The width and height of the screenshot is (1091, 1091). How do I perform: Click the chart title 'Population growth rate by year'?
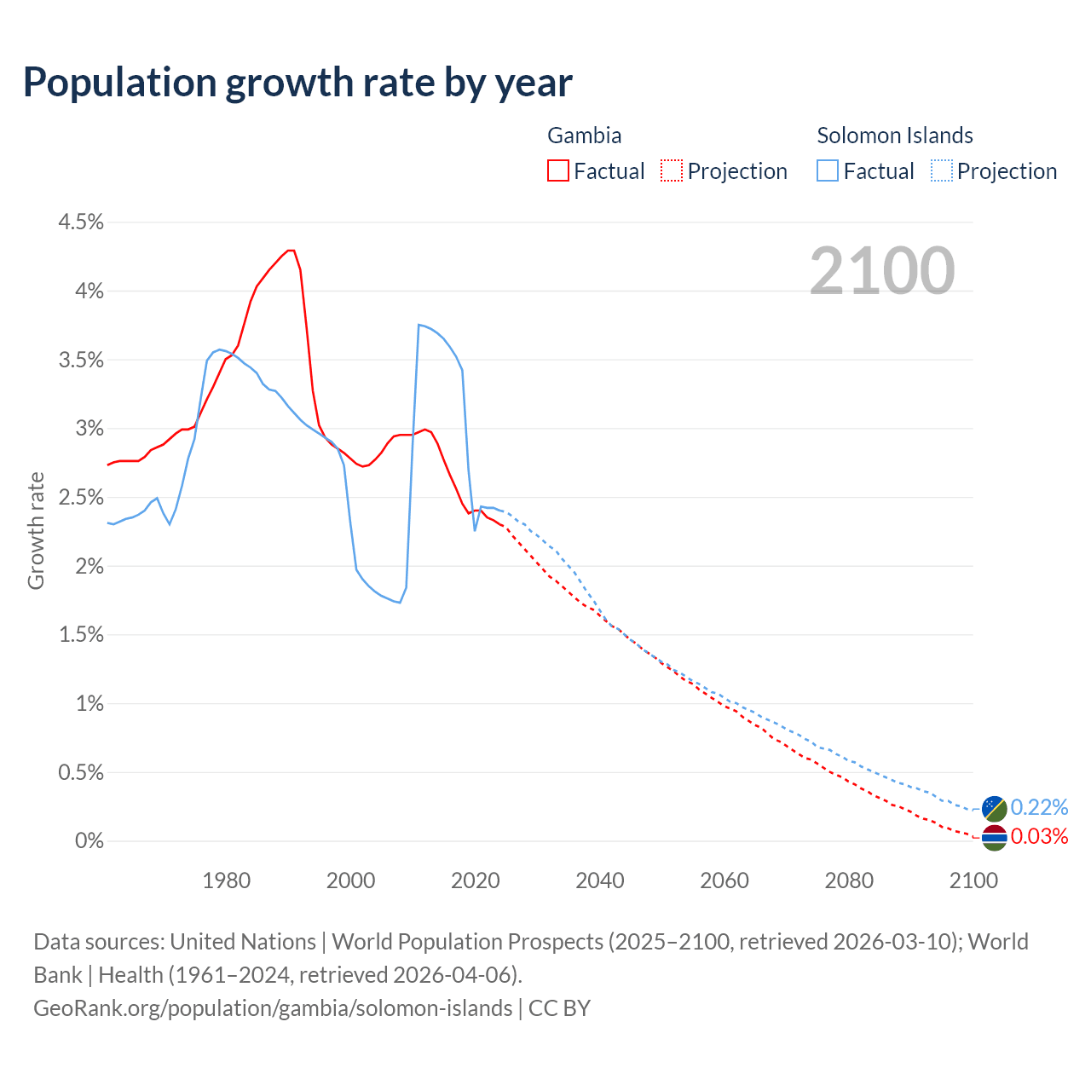(x=297, y=83)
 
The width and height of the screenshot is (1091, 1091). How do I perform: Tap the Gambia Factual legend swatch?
(x=558, y=171)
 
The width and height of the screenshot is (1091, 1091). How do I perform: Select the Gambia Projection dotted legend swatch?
(x=672, y=171)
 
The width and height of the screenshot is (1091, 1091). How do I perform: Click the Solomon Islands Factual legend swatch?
(x=828, y=171)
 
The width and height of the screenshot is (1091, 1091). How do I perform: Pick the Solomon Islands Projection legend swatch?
(x=942, y=171)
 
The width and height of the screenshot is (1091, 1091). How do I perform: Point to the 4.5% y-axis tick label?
(x=80, y=222)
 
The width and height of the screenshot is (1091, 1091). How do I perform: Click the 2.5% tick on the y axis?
(x=80, y=498)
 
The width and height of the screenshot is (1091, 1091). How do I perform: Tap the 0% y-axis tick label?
(x=89, y=841)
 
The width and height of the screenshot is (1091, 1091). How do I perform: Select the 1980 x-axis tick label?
(x=227, y=880)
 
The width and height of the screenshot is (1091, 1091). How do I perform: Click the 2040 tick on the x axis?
(x=600, y=880)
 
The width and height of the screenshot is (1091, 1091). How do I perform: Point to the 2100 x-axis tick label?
(x=973, y=880)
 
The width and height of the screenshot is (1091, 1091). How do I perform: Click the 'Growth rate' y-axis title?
(x=36, y=530)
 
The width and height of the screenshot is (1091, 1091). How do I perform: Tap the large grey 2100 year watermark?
(x=882, y=271)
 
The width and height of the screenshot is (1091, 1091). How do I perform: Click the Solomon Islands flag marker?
(x=994, y=808)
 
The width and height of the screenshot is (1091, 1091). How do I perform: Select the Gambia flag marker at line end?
(x=994, y=838)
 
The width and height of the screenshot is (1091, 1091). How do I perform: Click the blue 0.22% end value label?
(x=1039, y=807)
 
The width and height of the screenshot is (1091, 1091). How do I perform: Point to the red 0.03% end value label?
(x=1039, y=837)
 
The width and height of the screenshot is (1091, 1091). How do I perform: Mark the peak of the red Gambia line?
(x=291, y=251)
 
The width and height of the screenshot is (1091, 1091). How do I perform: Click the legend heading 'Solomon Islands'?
(x=895, y=136)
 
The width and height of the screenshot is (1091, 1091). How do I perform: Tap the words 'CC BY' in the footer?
(x=559, y=1008)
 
